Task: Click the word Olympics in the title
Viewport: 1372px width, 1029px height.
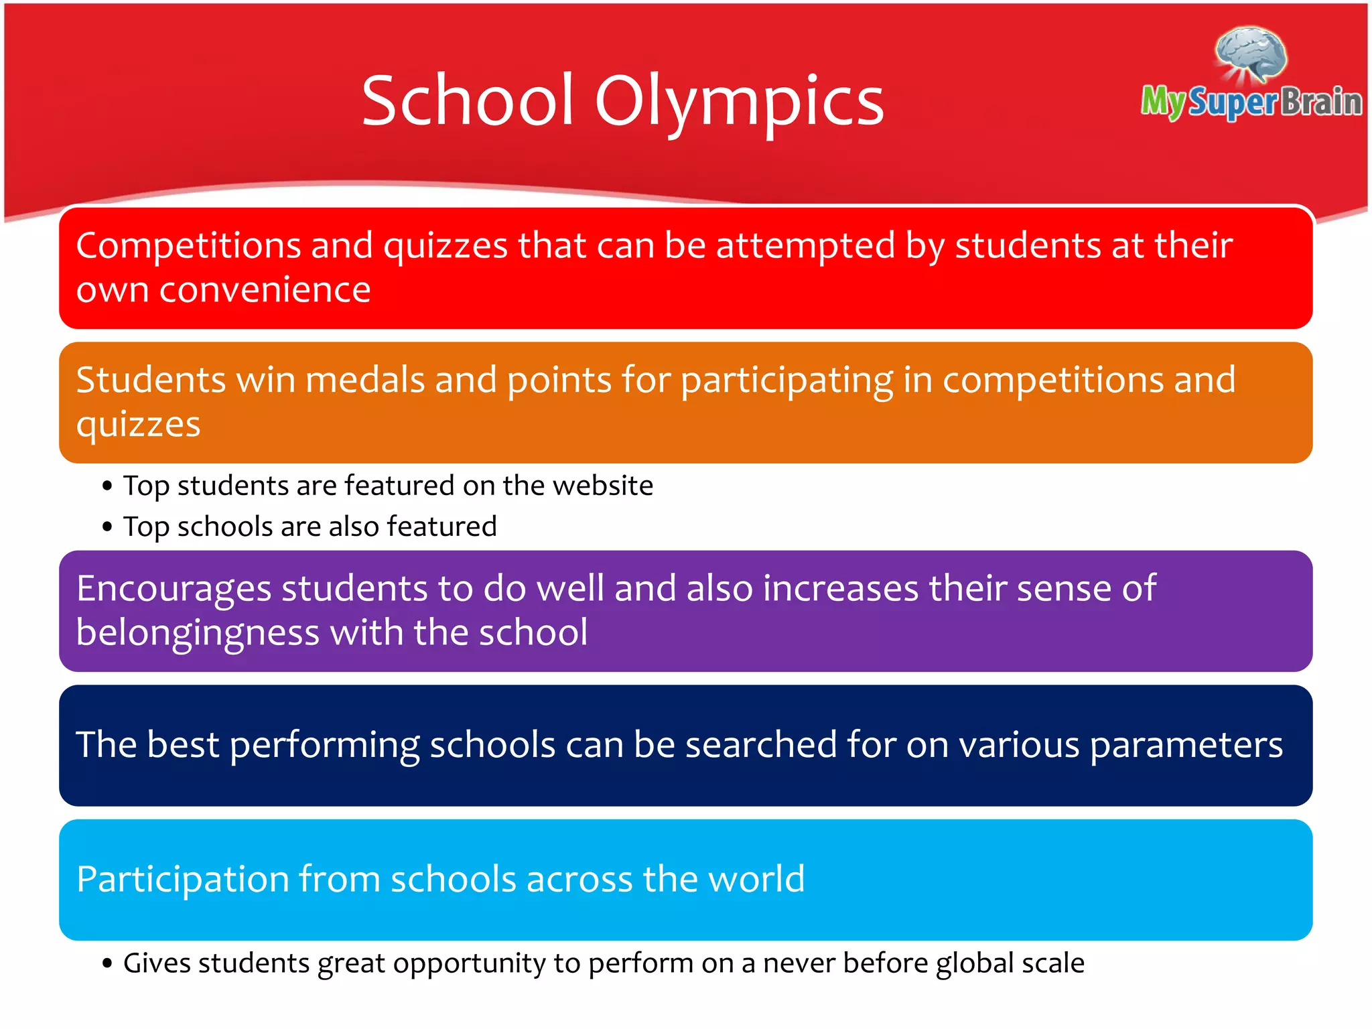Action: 739,102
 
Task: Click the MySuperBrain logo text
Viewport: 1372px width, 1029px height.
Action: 1251,102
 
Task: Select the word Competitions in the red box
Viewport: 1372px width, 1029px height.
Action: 188,245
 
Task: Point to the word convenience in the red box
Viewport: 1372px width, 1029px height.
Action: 265,290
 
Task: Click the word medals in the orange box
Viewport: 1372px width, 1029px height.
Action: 365,380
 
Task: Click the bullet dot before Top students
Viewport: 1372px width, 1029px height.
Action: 107,486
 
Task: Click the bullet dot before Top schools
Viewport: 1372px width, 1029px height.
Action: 107,527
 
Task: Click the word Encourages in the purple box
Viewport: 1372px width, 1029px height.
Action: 174,589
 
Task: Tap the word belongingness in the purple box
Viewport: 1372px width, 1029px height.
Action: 198,633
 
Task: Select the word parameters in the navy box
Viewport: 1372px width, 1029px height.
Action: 1186,745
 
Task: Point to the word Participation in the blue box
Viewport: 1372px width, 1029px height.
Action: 182,880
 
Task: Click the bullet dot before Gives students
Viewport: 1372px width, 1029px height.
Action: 107,964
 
